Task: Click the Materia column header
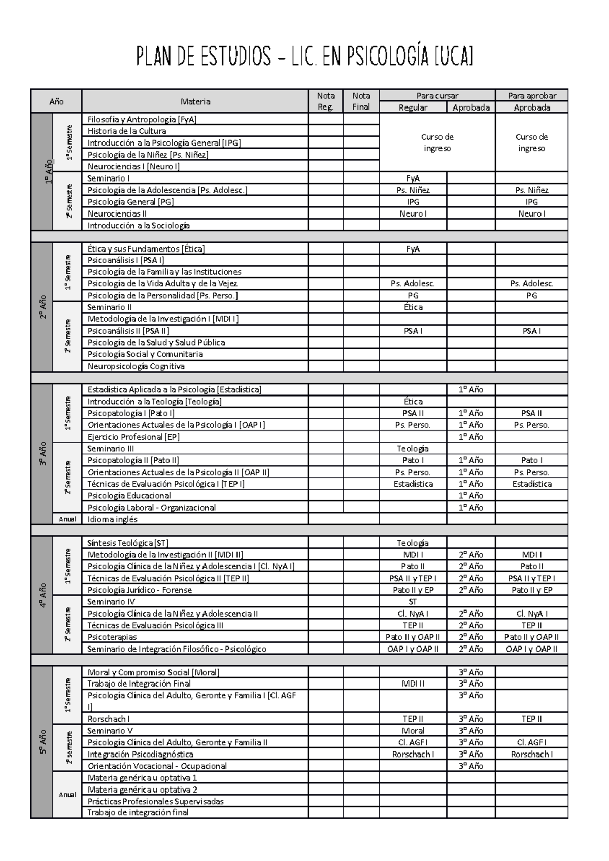click(x=195, y=101)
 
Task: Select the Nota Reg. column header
click(x=325, y=101)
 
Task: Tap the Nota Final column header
click(x=361, y=101)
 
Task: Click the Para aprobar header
click(x=531, y=96)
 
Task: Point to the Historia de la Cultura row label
click(x=127, y=131)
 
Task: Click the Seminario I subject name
click(x=109, y=178)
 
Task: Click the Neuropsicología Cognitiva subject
click(x=136, y=366)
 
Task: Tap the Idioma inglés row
click(x=113, y=519)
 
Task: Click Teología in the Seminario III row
click(x=413, y=449)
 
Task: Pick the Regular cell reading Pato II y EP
click(x=413, y=590)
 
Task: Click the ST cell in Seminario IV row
click(x=413, y=602)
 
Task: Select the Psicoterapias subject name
click(x=112, y=637)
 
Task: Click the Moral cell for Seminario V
click(x=413, y=731)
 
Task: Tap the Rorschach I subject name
click(x=109, y=719)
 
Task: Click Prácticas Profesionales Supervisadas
click(x=155, y=802)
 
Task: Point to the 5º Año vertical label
click(x=42, y=742)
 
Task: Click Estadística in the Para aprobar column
click(x=531, y=484)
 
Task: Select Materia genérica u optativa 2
click(x=143, y=790)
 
